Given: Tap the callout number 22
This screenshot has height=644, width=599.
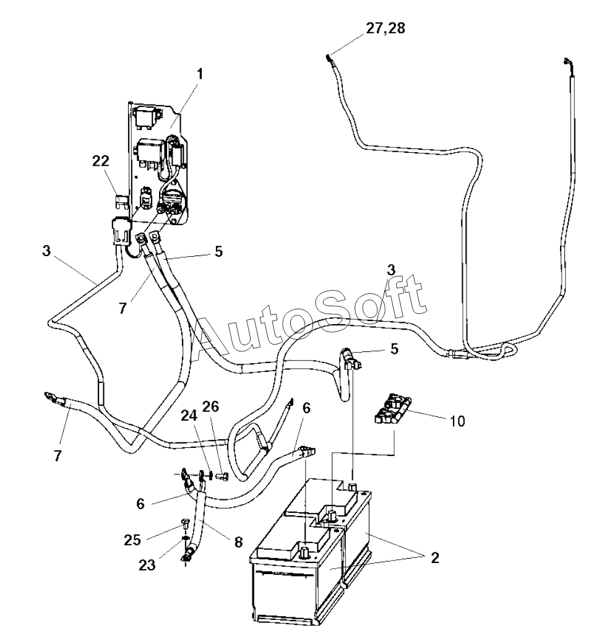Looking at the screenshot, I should [101, 161].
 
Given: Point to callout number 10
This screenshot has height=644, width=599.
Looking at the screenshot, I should [459, 421].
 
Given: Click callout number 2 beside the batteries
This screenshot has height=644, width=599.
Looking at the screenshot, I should [435, 557].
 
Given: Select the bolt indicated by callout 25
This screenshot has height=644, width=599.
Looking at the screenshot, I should [185, 523].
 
